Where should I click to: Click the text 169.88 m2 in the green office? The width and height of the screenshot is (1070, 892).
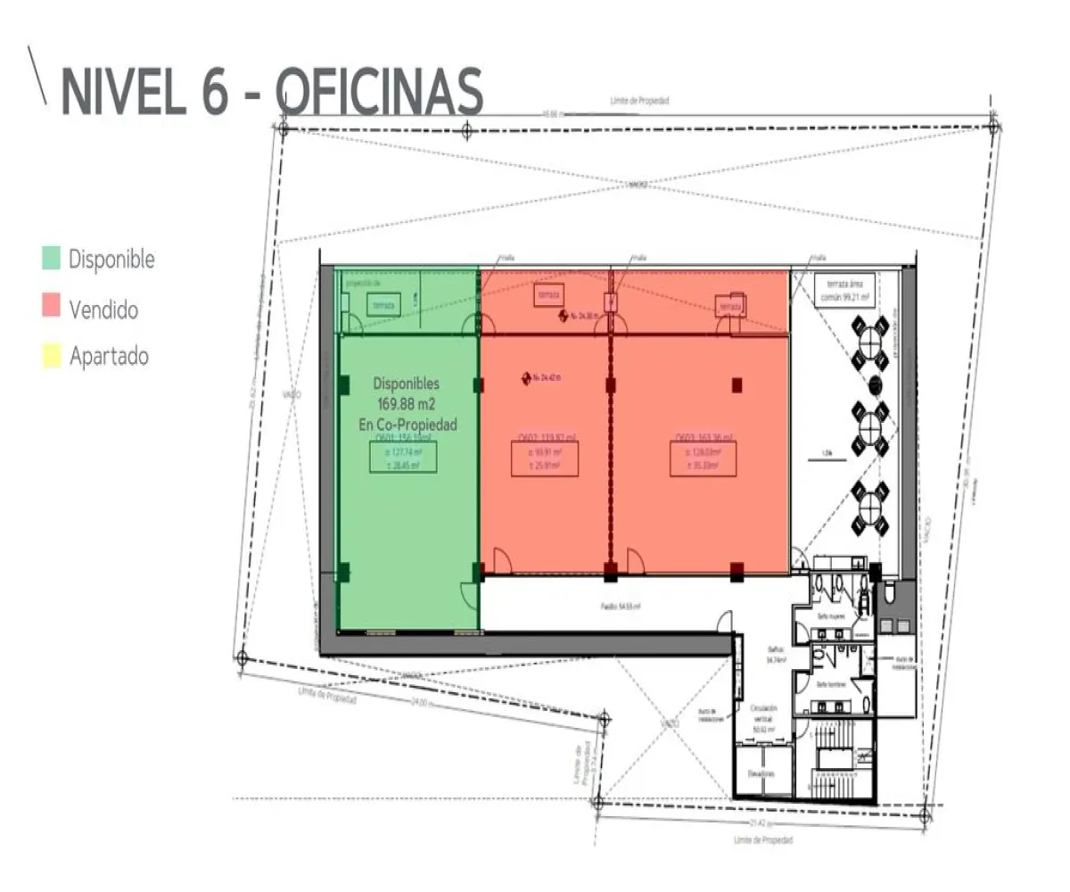pos(407,404)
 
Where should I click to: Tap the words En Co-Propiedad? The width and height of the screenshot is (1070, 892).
pos(407,425)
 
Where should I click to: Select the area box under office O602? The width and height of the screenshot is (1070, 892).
pos(544,458)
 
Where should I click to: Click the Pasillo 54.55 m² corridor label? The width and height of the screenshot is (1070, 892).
pos(621,607)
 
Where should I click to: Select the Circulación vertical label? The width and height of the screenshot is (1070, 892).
pos(761,723)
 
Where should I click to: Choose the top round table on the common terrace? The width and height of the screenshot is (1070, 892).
pos(869,340)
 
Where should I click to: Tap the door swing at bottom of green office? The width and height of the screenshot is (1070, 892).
pos(467,591)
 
